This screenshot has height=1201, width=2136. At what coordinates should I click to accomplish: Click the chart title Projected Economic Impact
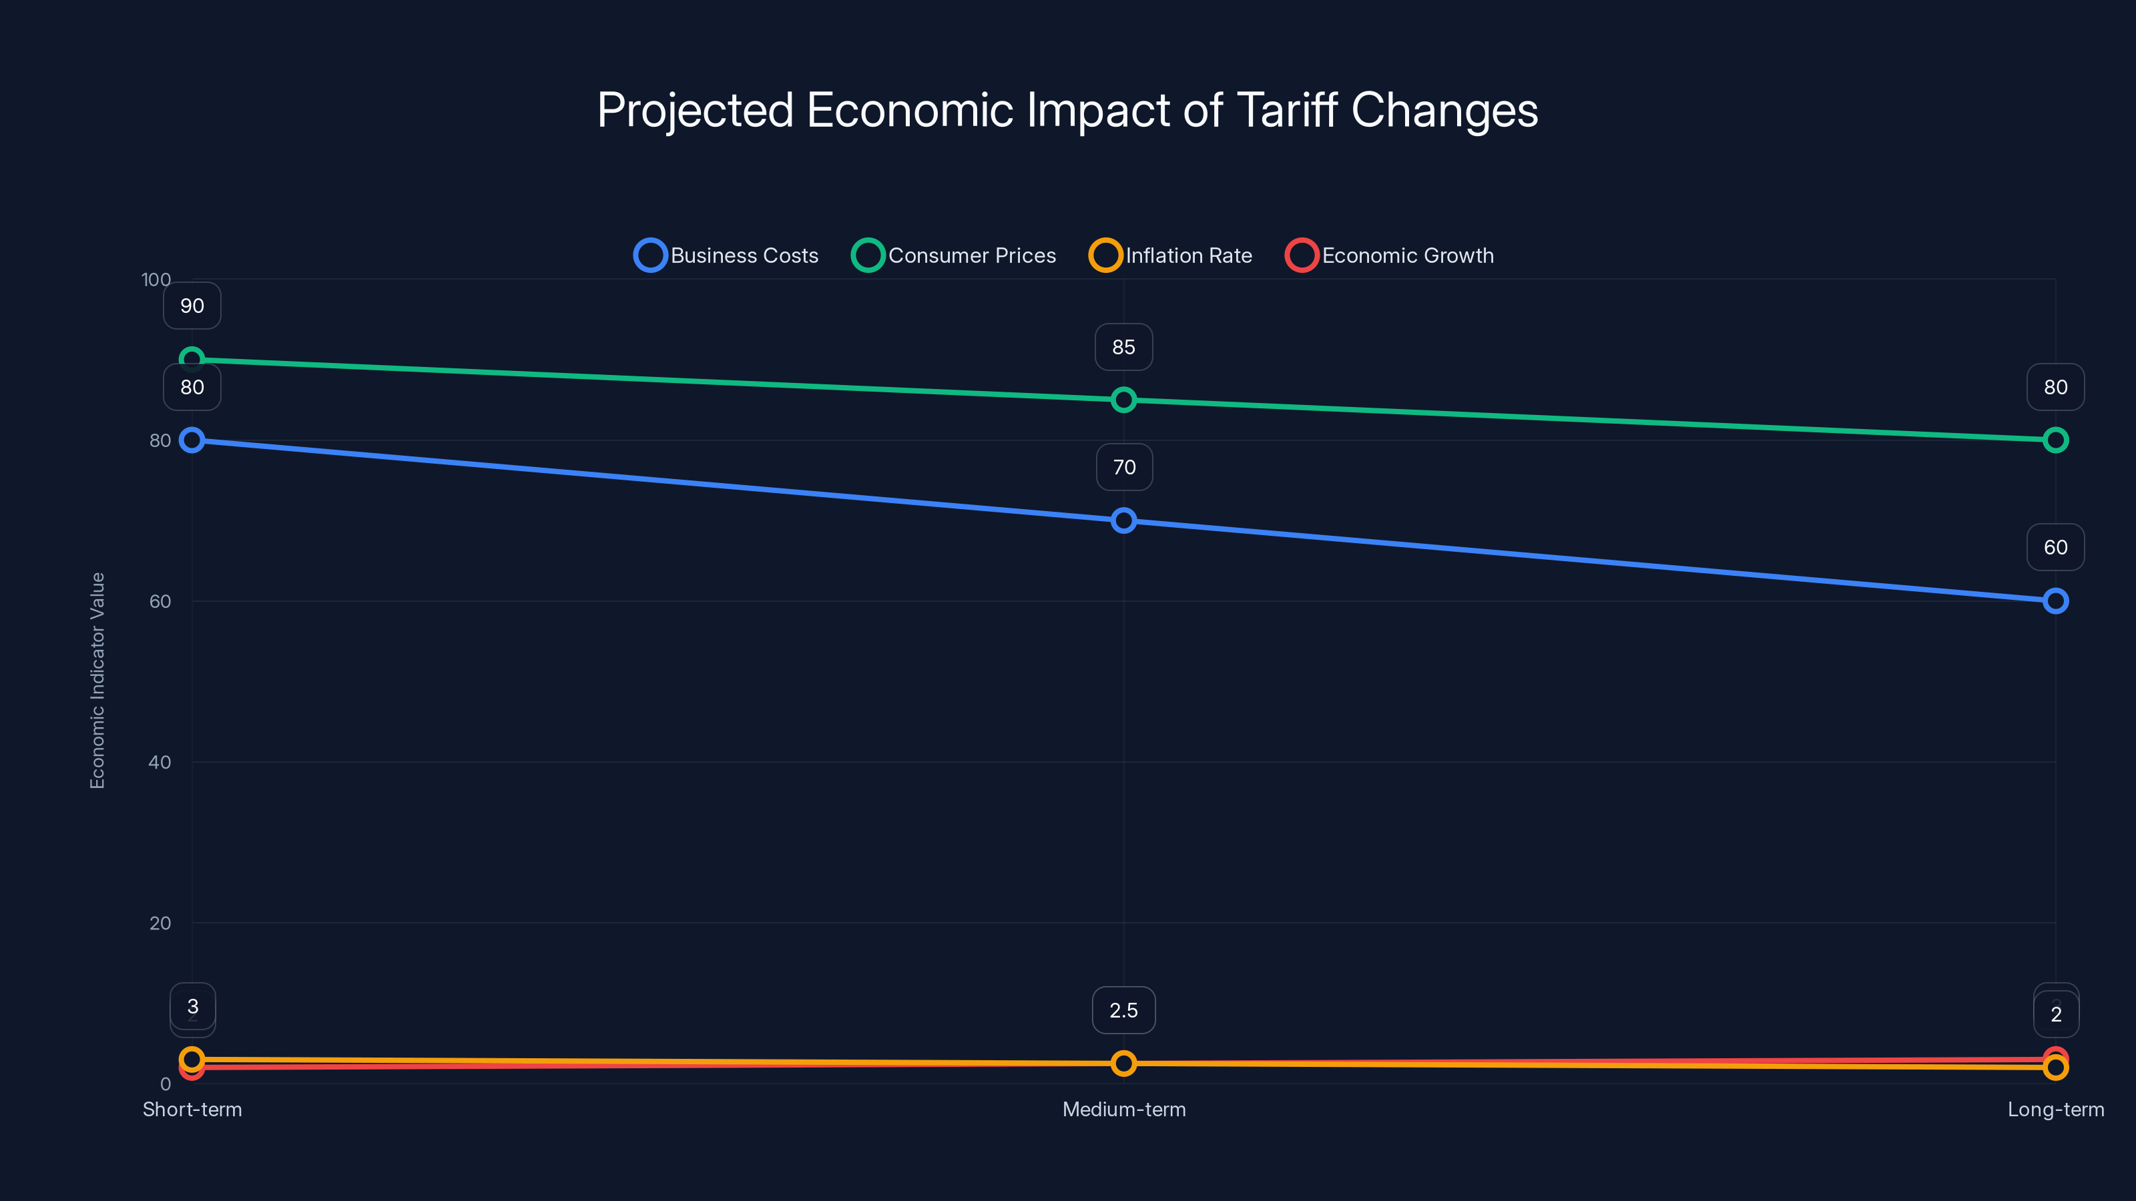coord(1067,110)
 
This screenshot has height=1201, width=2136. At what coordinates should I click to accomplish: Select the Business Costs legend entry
coord(726,256)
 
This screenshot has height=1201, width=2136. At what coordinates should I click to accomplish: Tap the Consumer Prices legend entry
coord(954,256)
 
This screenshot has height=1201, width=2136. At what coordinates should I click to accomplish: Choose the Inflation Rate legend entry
coord(1171,256)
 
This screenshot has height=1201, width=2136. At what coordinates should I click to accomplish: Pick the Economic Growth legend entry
coord(1390,256)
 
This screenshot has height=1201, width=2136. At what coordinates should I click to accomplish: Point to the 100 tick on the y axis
coord(156,280)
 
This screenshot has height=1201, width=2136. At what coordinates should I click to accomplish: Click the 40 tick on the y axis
coord(160,763)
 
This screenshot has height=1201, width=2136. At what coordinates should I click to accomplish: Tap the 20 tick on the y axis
coord(160,923)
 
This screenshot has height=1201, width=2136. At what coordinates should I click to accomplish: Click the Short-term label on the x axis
coord(192,1110)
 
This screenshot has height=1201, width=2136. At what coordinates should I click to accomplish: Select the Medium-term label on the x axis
coord(1123,1110)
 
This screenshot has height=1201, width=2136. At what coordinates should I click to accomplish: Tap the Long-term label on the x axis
coord(2055,1110)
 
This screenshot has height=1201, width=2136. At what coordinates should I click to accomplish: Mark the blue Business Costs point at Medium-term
coord(1123,520)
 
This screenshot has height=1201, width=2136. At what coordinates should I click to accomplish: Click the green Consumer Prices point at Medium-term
coord(1123,400)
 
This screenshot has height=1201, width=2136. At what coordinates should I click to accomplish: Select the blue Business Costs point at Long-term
coord(2055,601)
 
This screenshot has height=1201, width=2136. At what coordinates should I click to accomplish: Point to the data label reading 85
coord(1123,347)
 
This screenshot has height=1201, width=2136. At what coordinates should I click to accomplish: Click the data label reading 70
coord(1123,468)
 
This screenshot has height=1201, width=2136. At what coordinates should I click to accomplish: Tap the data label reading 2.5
coord(1123,1010)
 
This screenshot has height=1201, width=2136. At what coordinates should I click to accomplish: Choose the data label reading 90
coord(192,306)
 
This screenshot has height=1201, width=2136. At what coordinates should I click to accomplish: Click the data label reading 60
coord(2055,547)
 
